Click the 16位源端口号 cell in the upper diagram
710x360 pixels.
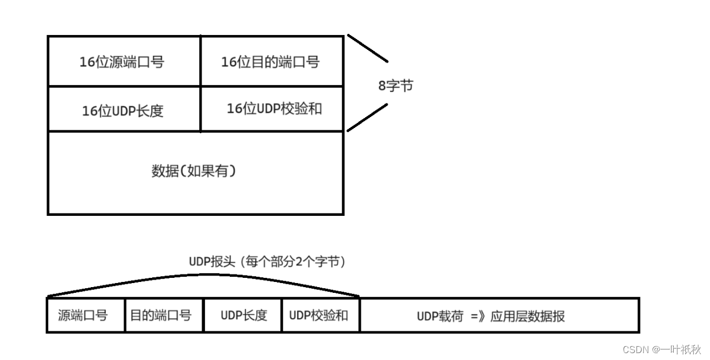122,62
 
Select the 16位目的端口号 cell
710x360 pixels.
270,62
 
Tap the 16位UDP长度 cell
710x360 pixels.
122,111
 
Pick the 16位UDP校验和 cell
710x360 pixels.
274,109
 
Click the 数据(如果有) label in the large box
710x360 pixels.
194,171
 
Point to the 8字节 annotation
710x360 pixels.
395,86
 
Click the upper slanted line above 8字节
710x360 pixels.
368,48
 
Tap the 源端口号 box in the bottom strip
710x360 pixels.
83,315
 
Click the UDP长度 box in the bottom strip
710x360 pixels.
244,315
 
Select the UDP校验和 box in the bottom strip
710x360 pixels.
318,315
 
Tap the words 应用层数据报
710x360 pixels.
527,316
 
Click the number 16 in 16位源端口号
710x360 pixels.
86,62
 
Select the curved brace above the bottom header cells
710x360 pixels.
207,275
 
